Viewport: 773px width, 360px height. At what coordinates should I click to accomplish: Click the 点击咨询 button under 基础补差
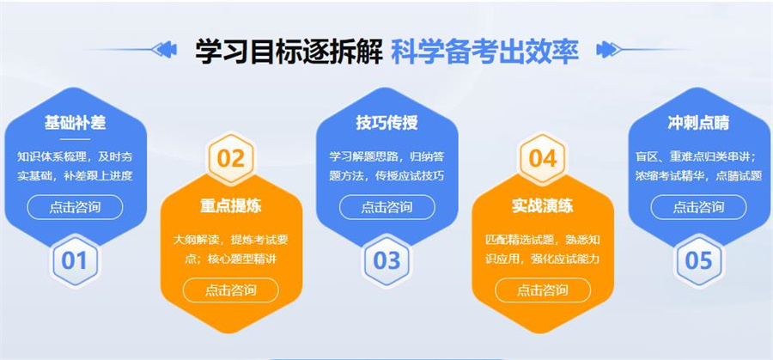pos(75,207)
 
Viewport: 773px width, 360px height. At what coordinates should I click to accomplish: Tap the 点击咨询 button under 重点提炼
pos(230,290)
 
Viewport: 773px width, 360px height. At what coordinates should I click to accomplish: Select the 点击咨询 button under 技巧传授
pos(386,207)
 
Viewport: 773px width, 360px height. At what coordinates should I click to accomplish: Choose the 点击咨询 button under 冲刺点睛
pos(698,207)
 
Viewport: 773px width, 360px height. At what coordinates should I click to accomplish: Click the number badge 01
pos(75,259)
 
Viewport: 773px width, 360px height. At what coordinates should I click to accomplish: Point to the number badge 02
pos(230,158)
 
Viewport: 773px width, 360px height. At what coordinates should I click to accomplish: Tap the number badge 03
pos(386,259)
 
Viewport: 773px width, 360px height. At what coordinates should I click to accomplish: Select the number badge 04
pos(543,158)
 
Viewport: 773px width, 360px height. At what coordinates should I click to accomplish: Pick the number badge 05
pos(698,259)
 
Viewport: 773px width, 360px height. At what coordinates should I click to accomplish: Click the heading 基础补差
pos(75,123)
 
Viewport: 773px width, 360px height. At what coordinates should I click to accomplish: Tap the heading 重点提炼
pos(230,205)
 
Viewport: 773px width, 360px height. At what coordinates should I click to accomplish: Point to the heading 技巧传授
pos(386,123)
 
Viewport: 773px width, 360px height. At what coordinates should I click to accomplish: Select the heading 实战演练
pos(543,205)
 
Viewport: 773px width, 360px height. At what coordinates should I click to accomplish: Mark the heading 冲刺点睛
pos(698,123)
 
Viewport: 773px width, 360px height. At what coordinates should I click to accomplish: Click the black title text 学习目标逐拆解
pos(288,51)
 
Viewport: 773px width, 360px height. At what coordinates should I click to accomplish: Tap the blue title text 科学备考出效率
pos(484,51)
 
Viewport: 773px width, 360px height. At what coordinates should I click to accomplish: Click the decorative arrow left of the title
pos(163,50)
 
